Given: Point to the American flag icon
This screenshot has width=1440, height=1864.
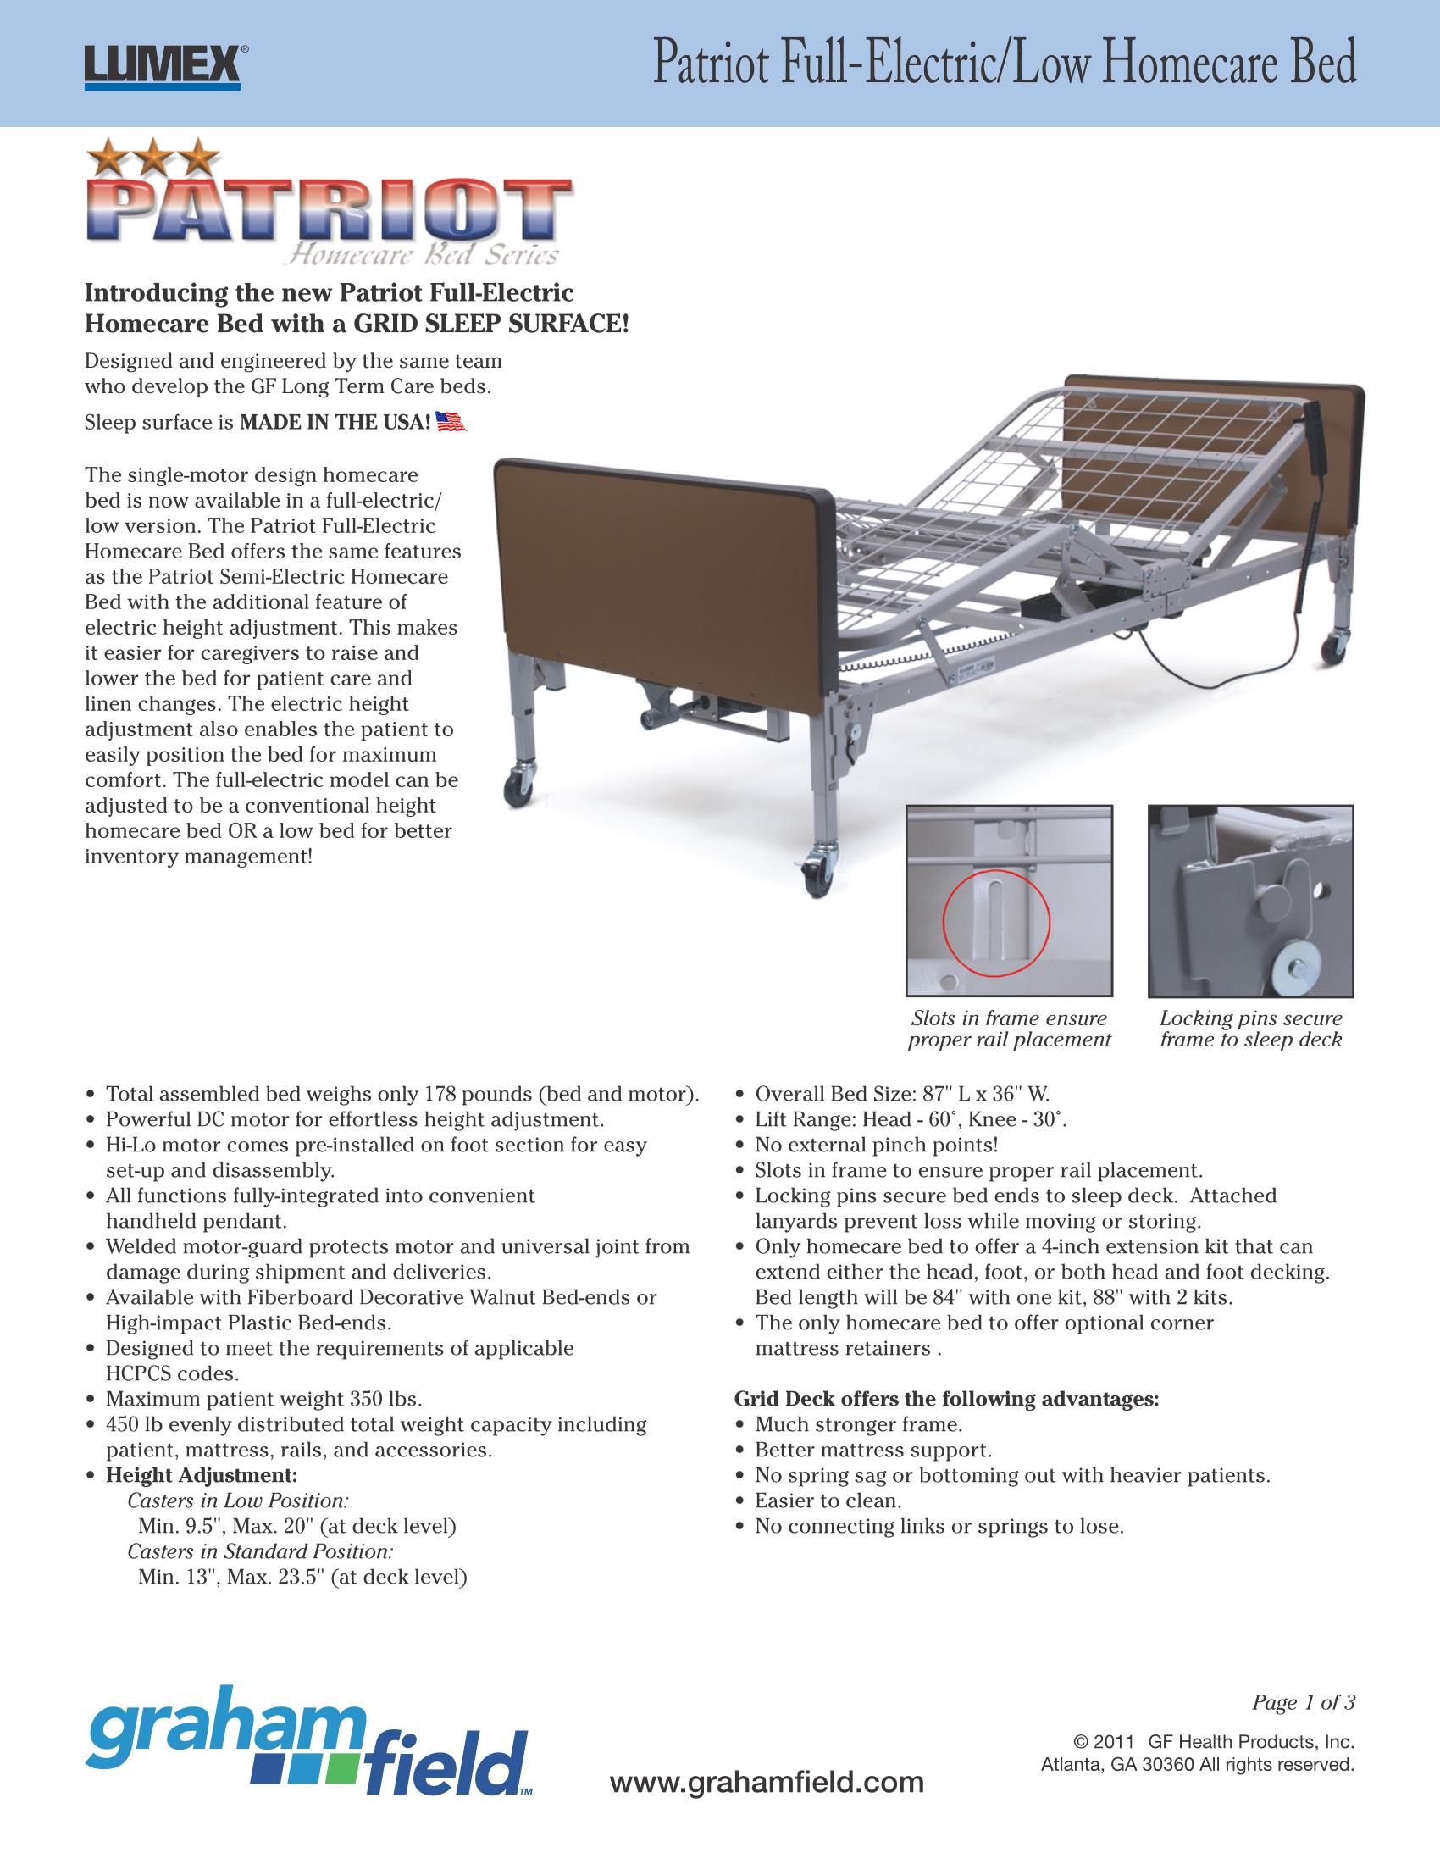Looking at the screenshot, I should (451, 422).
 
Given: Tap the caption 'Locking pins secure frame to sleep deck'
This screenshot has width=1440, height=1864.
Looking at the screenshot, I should (1250, 1029).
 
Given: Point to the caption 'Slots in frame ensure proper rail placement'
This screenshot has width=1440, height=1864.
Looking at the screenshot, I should (1009, 1029).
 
